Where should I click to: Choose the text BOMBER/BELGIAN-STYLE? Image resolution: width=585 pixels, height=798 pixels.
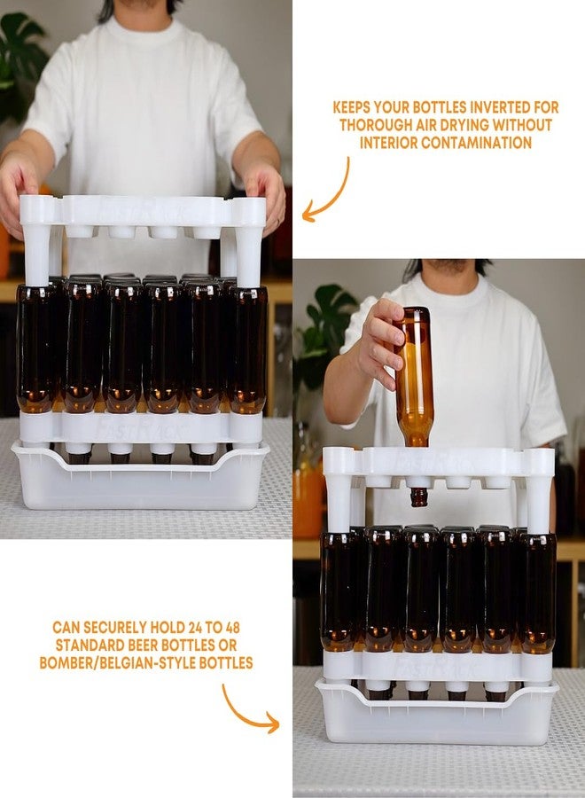click(115, 662)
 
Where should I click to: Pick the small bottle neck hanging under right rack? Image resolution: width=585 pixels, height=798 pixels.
click(418, 496)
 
